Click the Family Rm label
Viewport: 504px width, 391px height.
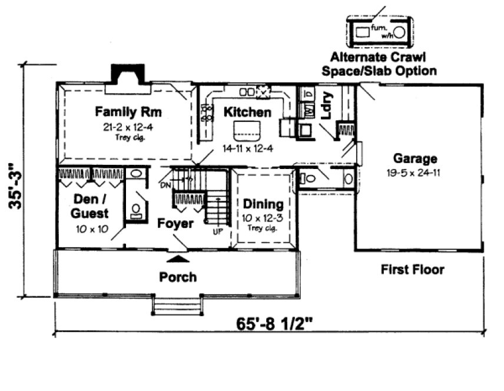pos(128,111)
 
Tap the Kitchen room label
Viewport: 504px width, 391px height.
pos(247,112)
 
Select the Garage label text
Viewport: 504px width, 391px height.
pos(415,158)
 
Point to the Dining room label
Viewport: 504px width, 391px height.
pos(263,204)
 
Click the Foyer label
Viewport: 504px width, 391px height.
pos(175,224)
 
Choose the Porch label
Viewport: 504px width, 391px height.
pos(178,277)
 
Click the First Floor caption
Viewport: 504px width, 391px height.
pos(412,270)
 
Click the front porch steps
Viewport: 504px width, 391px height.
pos(178,306)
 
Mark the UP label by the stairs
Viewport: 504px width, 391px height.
pos(217,231)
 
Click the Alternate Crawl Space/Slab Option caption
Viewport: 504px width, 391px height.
pos(383,64)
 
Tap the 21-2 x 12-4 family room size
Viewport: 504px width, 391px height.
pos(128,127)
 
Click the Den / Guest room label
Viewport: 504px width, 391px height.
pos(91,206)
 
